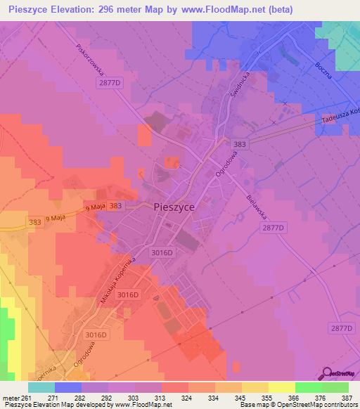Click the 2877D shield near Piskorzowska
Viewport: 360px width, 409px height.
tap(110, 83)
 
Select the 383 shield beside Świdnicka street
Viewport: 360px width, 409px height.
tap(259, 143)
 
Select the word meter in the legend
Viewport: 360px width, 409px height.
tap(11, 397)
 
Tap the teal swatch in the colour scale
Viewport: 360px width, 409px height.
tap(41, 387)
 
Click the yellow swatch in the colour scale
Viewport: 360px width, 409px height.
tap(282, 387)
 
